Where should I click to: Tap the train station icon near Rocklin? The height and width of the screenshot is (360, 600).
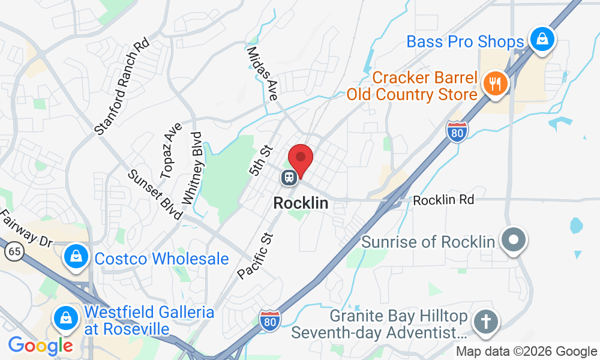[289, 178]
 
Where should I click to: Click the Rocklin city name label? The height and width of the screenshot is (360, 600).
[301, 203]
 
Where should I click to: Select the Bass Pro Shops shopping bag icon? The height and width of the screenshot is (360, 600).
[542, 40]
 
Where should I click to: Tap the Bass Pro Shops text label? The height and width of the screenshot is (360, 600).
[465, 42]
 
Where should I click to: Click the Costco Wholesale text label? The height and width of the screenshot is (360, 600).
[161, 259]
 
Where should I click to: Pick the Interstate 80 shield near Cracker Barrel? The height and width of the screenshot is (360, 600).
[457, 131]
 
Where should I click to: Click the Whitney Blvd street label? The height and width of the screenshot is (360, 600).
[191, 167]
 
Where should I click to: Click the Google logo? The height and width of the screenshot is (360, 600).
[40, 346]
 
